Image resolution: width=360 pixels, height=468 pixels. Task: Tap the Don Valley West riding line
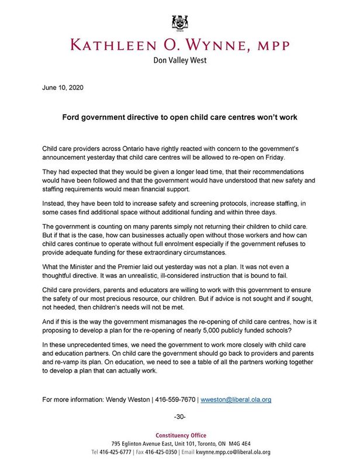click(x=180, y=60)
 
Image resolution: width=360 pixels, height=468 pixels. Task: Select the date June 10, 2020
click(x=63, y=88)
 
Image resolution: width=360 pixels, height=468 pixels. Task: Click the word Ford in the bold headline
click(x=72, y=117)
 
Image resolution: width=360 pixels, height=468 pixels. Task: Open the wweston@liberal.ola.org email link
click(x=236, y=400)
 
